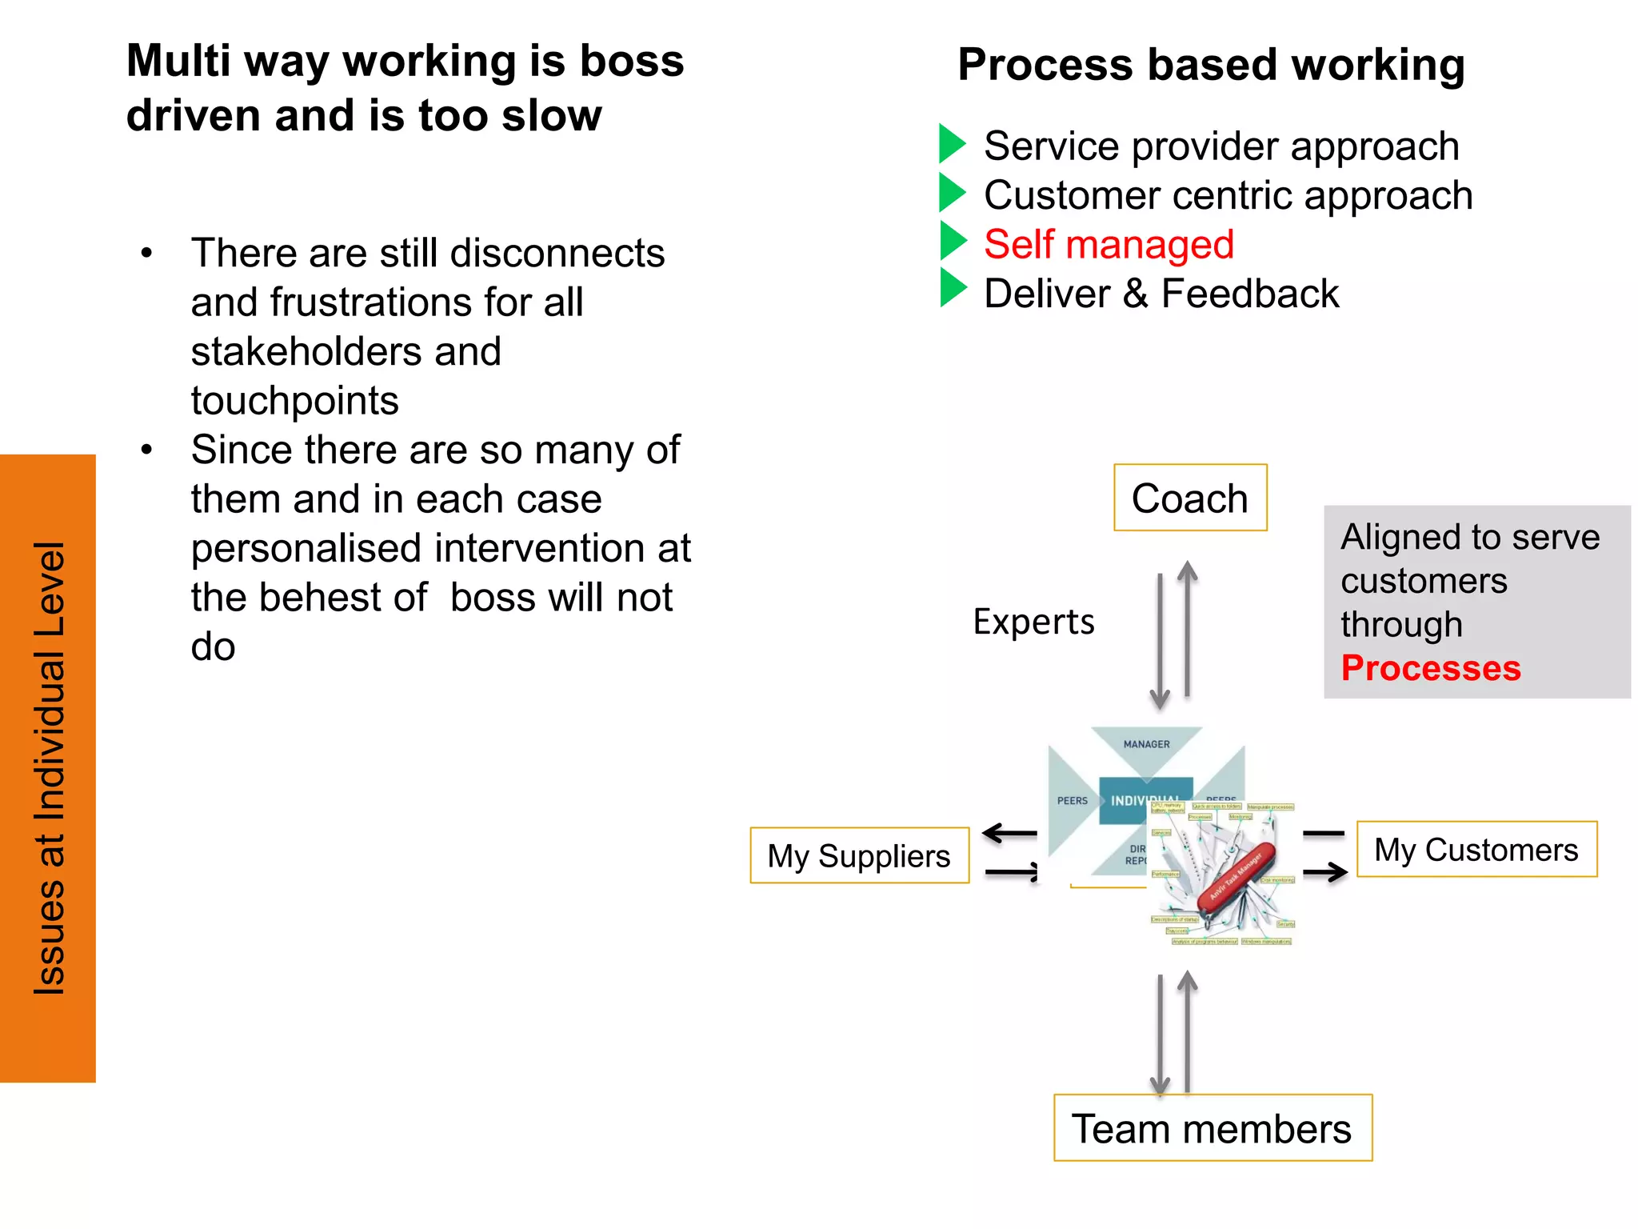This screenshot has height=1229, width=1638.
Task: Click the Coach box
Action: (x=1190, y=498)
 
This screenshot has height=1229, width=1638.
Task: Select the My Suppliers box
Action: (x=859, y=855)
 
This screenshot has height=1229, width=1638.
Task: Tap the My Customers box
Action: (x=1476, y=849)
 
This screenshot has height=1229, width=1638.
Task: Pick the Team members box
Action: (x=1212, y=1128)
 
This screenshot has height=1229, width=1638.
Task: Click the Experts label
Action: (x=1033, y=622)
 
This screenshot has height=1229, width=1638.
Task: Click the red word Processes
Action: (x=1430, y=668)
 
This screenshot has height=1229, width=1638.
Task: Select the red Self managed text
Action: (x=1109, y=244)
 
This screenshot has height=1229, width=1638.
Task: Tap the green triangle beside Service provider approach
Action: (x=951, y=144)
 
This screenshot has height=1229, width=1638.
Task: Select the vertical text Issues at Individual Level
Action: (x=49, y=768)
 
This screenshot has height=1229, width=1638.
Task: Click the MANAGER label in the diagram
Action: (x=1146, y=744)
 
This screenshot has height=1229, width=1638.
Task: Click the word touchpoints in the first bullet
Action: (x=294, y=400)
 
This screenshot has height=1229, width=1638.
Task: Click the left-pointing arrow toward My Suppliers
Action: (x=1009, y=834)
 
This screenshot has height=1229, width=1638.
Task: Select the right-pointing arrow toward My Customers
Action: (x=1325, y=871)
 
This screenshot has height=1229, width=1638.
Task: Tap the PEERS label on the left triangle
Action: (x=1072, y=800)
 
